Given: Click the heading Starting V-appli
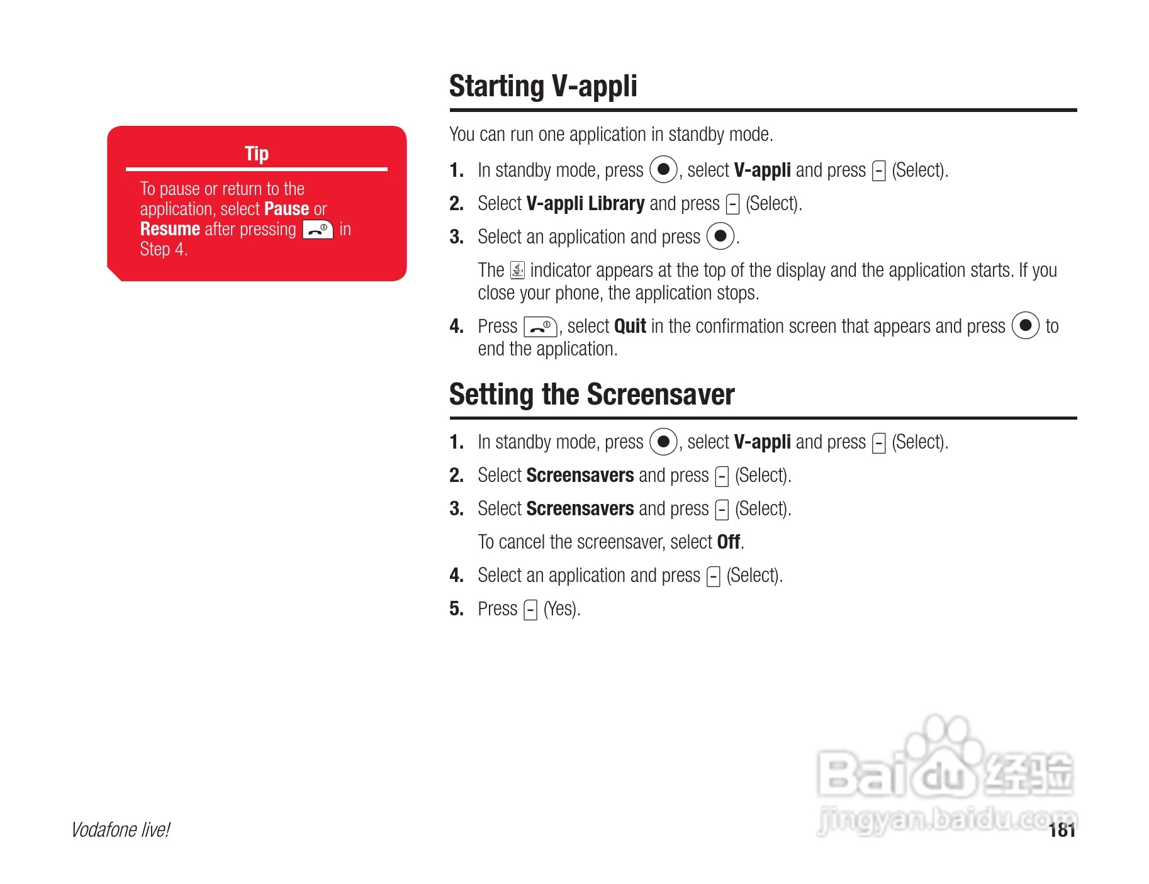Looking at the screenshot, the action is (x=543, y=86).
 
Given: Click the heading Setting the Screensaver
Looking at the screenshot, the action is (x=591, y=394).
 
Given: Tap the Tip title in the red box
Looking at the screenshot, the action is (x=257, y=154).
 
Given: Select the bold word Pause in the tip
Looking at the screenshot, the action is (x=286, y=208).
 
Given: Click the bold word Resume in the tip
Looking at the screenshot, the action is (x=170, y=228).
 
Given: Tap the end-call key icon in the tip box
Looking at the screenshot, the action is (x=318, y=230).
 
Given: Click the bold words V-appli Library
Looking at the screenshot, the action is (x=585, y=204).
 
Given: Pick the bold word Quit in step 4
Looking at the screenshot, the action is (x=630, y=326).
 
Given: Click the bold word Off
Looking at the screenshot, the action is (x=729, y=542).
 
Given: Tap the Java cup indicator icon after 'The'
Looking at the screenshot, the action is (x=517, y=270).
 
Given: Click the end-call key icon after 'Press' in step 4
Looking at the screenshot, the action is (x=541, y=327).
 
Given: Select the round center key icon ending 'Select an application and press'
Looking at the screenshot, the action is (x=720, y=237).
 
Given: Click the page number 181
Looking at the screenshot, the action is (x=1062, y=831).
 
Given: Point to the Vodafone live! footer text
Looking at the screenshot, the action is (x=120, y=830).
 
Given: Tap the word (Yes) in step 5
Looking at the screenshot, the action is (x=561, y=609).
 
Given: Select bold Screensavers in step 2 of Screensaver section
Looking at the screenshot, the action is (x=580, y=475).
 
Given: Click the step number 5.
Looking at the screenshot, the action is (x=456, y=608).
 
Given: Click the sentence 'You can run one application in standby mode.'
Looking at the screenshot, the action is (x=611, y=135).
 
